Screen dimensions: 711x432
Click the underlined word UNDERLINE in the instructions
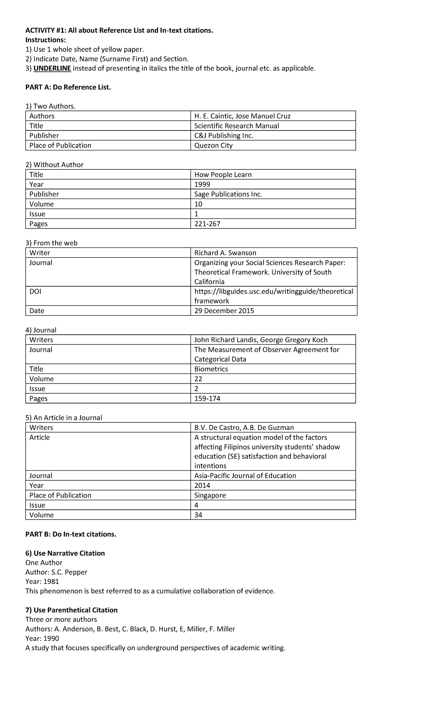52,68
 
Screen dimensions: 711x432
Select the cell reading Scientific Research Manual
237,126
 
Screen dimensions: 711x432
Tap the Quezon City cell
213,145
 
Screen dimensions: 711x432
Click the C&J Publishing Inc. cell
224,136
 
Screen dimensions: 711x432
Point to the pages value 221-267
207,224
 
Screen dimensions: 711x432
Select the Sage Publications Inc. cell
228,194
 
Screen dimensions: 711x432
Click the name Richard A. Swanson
225,253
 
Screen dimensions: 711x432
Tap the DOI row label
35,291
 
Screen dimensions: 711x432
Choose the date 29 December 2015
224,311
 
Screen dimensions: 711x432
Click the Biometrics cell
211,369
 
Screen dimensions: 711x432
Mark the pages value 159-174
207,399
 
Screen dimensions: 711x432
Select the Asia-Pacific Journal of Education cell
245,476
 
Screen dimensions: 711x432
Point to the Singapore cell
210,495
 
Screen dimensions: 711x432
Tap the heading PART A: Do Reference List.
68,87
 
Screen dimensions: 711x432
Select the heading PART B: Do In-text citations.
71,534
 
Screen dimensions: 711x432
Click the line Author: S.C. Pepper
56,572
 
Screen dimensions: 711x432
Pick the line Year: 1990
42,638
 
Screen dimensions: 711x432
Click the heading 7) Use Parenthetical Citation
71,610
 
